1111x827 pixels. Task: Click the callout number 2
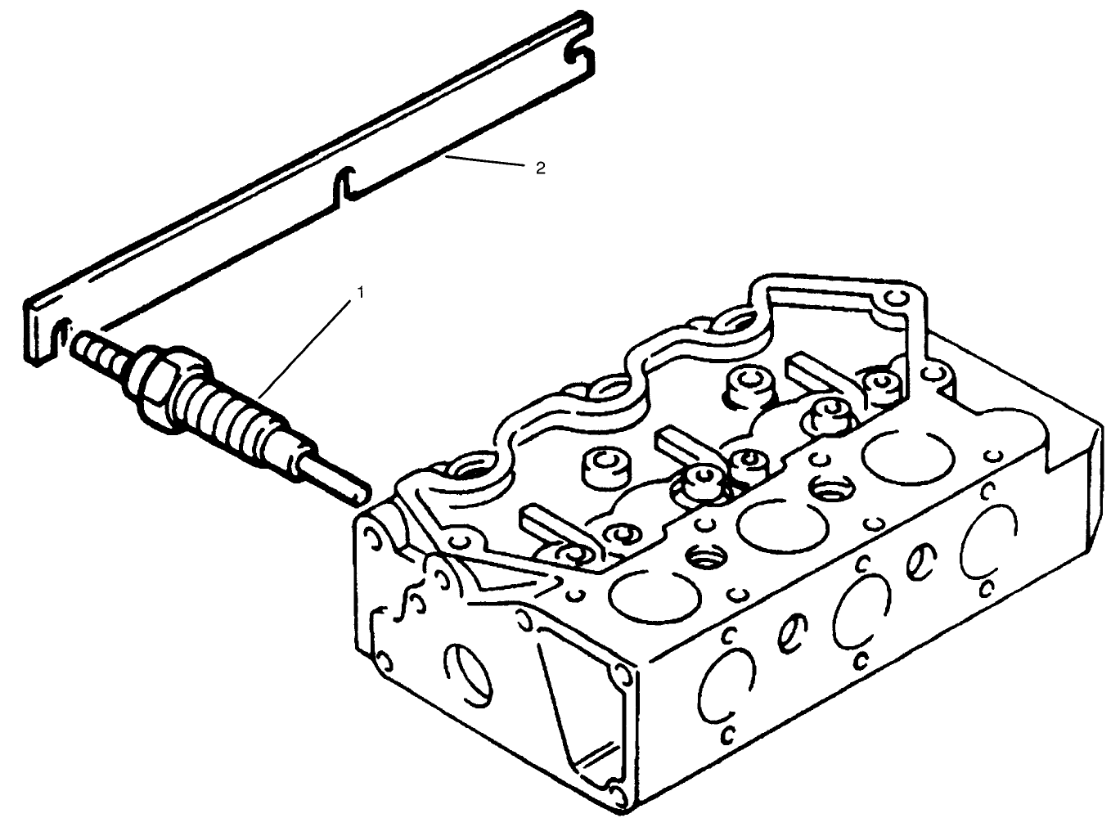click(539, 168)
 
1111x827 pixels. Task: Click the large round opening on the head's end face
click(468, 675)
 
